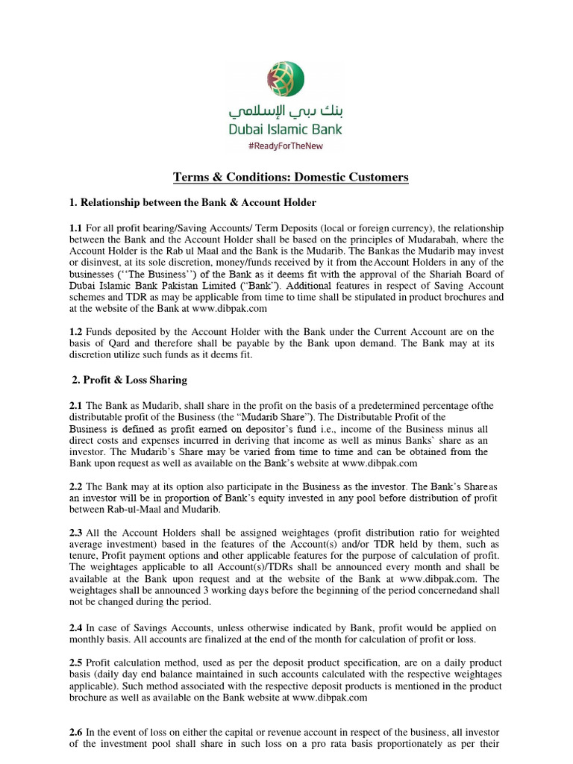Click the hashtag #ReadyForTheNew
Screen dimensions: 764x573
tap(286, 145)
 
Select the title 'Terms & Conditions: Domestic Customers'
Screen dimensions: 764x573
tap(291, 177)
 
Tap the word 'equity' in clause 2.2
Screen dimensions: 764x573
tap(253, 498)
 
